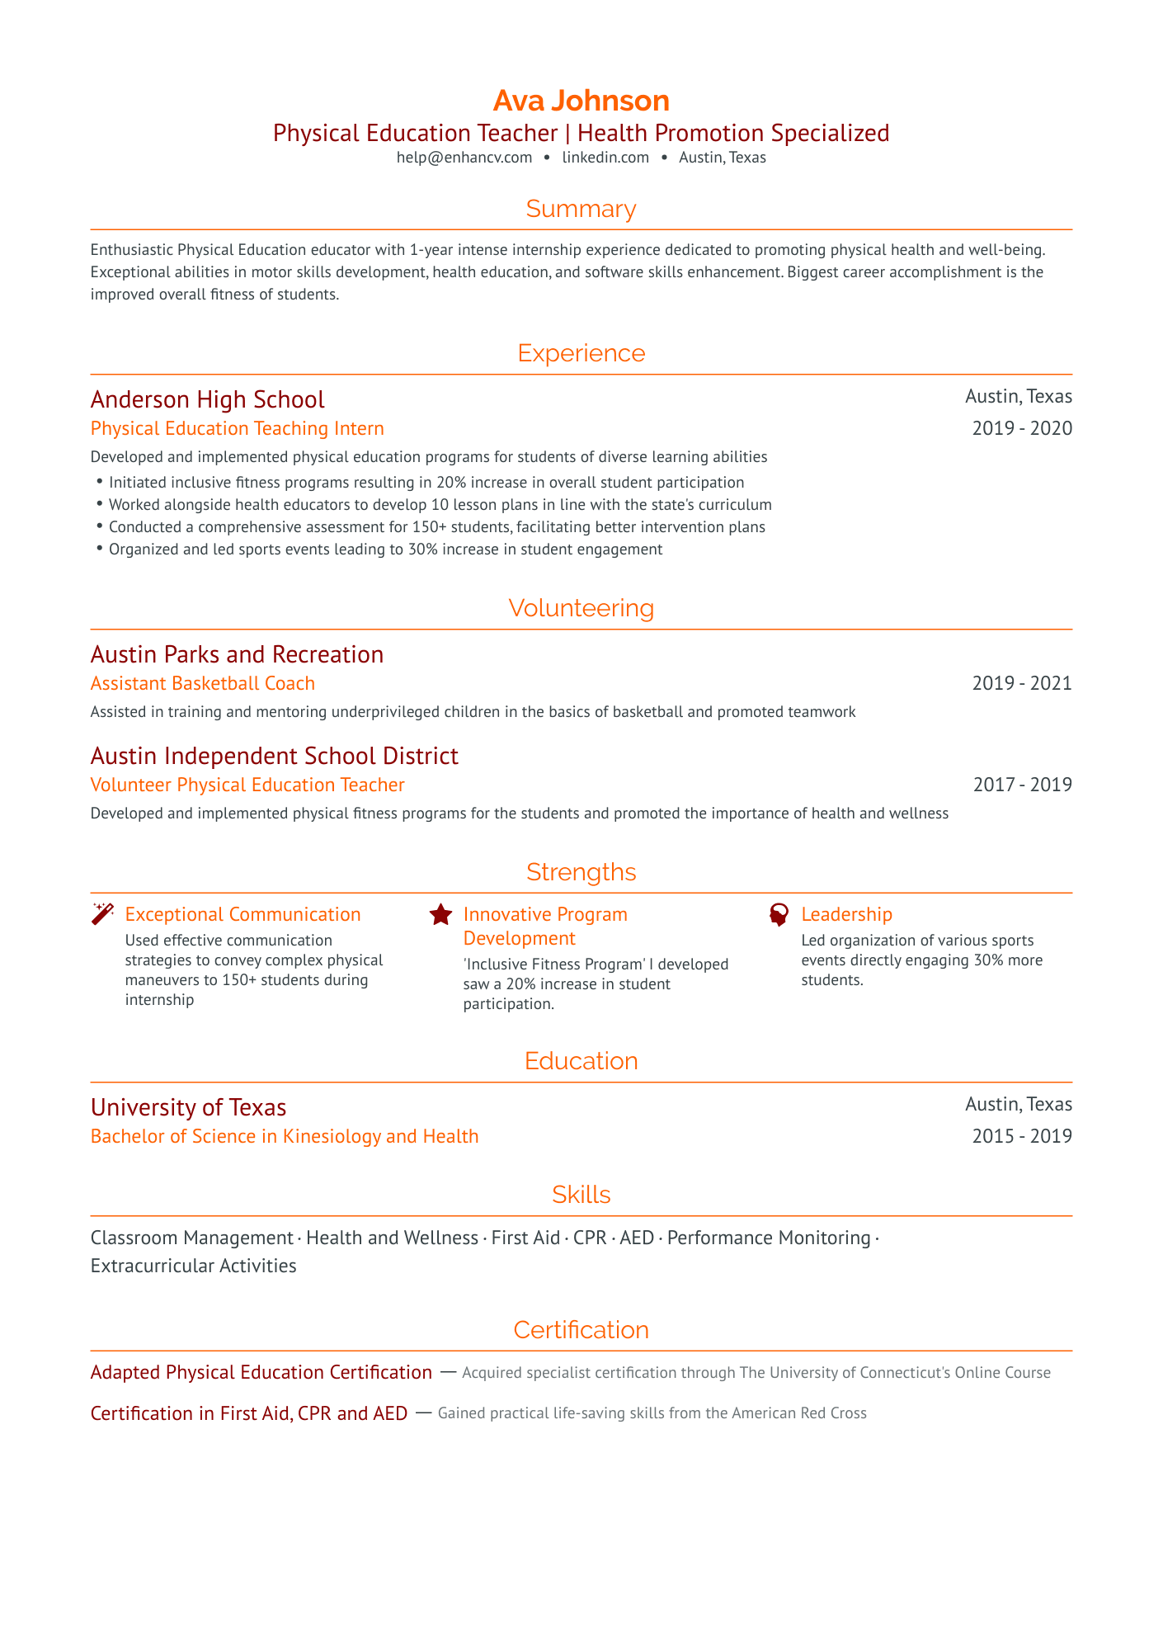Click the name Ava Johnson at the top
point(581,101)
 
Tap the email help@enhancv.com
point(464,158)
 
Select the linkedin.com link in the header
point(605,158)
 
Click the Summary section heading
point(581,210)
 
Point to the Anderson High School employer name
point(207,399)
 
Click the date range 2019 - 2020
point(1022,428)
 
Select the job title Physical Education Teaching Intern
point(237,428)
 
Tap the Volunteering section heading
point(581,608)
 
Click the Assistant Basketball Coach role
point(202,683)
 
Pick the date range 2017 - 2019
point(1022,785)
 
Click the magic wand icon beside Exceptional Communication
point(102,914)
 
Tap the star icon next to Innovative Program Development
point(441,914)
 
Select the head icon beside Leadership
point(779,914)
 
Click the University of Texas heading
point(188,1107)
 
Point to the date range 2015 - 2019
point(1022,1136)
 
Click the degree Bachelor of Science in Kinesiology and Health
point(285,1136)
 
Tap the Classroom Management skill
point(191,1238)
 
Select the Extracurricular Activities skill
point(193,1266)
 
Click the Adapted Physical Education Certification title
point(261,1372)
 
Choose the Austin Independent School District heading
point(274,756)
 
